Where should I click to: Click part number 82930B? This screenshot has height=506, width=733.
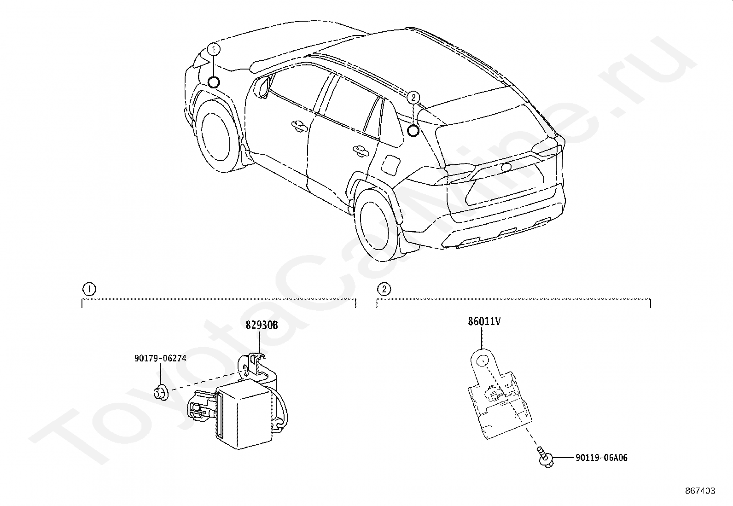click(262, 325)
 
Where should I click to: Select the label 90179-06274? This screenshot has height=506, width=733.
click(160, 358)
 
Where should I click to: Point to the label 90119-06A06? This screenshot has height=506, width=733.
click(601, 458)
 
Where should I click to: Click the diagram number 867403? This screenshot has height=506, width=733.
click(699, 491)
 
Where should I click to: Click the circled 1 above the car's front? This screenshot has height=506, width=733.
click(214, 48)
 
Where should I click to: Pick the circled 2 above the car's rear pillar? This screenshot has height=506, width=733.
click(413, 97)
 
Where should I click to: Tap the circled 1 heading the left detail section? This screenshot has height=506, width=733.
click(88, 289)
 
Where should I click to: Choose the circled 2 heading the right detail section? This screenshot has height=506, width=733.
click(384, 289)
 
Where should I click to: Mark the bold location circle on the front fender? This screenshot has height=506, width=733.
click(214, 82)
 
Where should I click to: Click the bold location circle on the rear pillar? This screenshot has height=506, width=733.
click(413, 131)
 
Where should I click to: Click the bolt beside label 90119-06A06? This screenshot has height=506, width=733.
click(544, 459)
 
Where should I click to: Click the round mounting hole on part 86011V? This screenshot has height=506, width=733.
click(483, 361)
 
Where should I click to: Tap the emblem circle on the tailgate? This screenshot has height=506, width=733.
click(506, 167)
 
